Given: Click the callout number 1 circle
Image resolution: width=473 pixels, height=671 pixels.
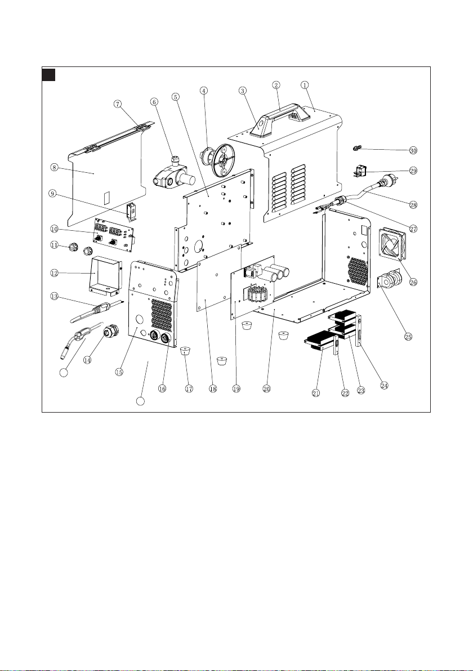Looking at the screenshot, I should [305, 85].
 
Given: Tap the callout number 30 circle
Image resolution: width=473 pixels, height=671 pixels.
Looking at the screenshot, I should [413, 151].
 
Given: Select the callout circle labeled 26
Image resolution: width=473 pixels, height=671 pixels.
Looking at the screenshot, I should [413, 282].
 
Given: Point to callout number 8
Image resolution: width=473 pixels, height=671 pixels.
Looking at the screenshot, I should [54, 167].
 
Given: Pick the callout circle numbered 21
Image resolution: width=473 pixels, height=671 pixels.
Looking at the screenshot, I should [316, 393].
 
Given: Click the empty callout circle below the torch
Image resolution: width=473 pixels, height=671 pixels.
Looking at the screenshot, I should [65, 372].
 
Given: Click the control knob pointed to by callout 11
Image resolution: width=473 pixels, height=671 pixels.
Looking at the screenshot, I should [73, 246].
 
